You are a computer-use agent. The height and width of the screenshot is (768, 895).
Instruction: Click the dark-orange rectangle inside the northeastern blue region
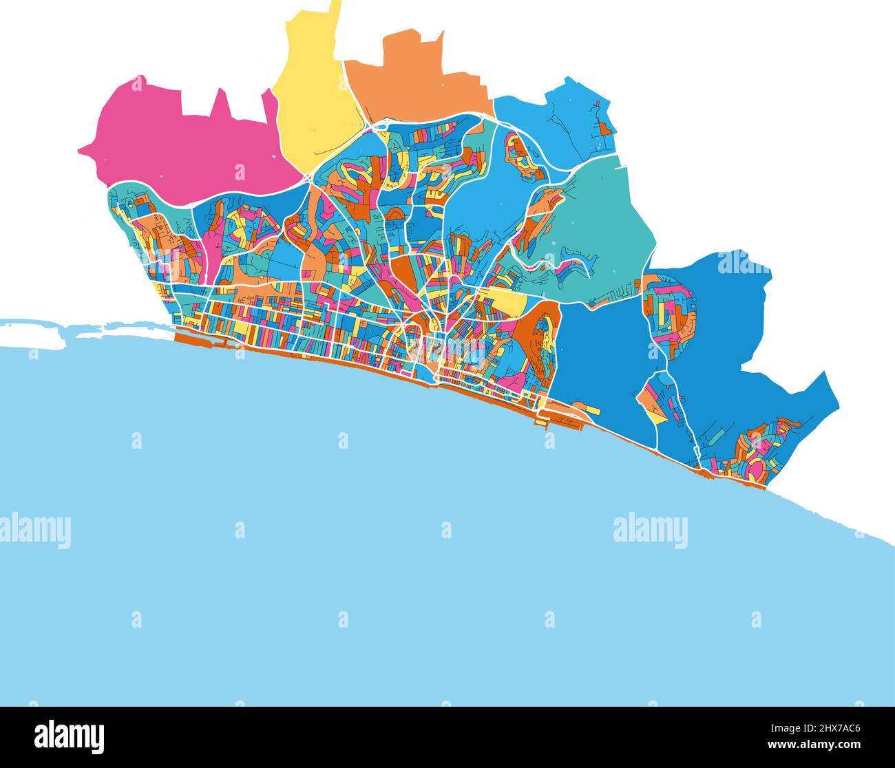(604, 128)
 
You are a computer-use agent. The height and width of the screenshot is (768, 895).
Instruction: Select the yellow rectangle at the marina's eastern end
(593, 410)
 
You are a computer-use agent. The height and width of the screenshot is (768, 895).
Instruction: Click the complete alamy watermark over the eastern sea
(650, 531)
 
